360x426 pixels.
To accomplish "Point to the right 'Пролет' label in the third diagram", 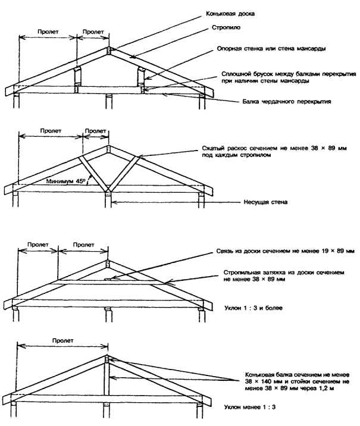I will pos(83,243).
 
